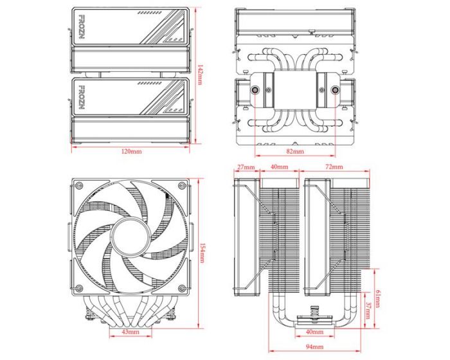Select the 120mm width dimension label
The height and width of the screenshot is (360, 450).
131,152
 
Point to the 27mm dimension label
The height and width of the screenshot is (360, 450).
246,167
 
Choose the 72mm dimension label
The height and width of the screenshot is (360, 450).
334,167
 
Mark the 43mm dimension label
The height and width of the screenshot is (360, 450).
131,332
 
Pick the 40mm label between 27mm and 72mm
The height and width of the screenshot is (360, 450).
279,167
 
